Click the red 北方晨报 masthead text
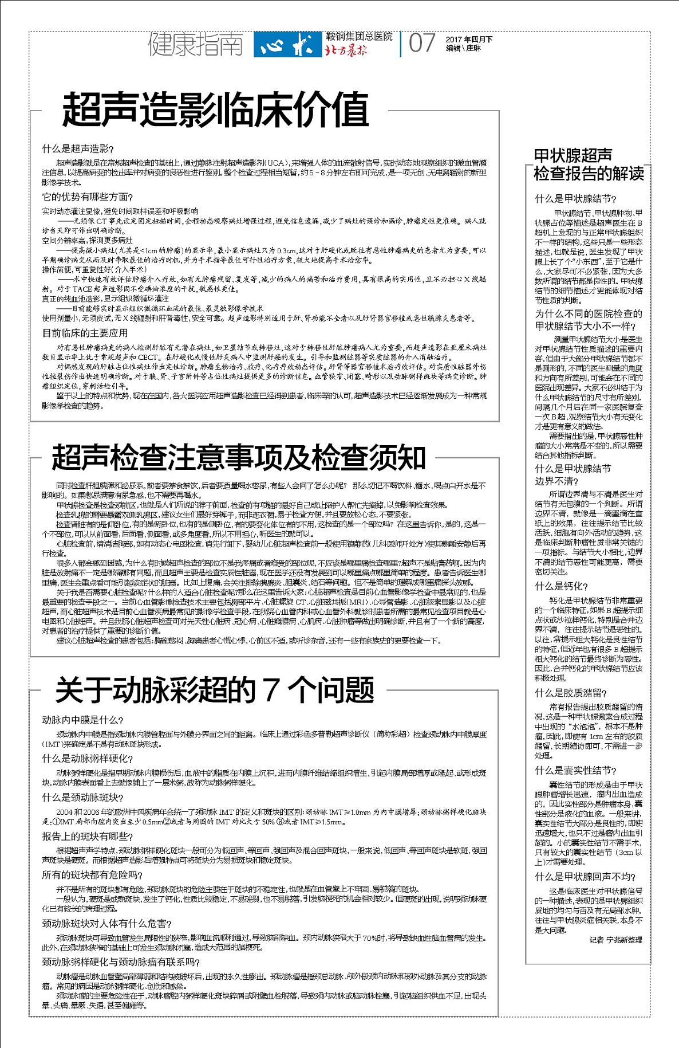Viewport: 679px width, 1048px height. coord(346,50)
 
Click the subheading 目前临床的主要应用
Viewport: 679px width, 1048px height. coord(85,333)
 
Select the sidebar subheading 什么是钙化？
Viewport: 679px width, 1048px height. coord(561,586)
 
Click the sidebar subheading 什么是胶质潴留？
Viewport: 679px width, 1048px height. coord(571,692)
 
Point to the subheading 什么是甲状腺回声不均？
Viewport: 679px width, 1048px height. coord(585,877)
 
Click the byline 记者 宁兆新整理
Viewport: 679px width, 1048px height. coord(615,940)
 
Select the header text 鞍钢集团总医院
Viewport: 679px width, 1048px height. coord(358,37)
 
